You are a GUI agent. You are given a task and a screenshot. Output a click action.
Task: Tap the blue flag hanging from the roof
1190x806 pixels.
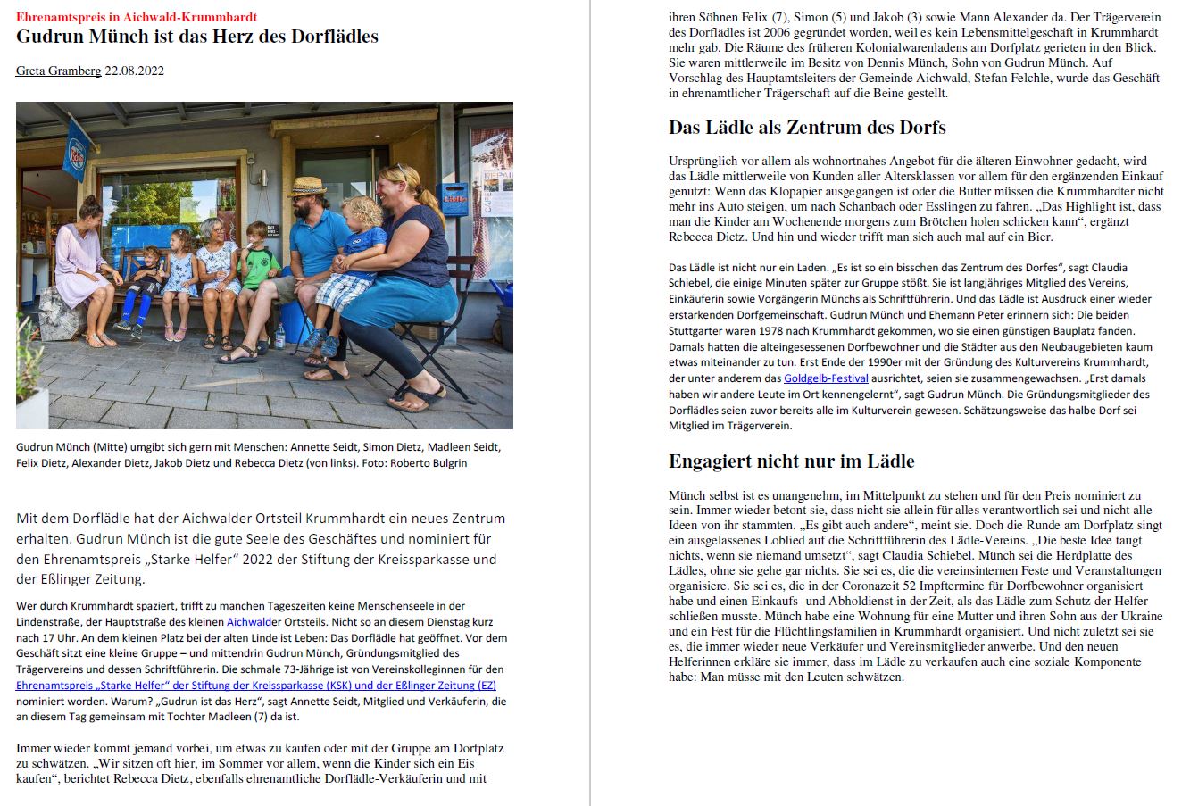tap(78, 148)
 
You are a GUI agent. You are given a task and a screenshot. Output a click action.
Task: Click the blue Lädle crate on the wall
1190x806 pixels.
tap(455, 200)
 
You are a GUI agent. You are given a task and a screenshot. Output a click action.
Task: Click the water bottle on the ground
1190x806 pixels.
tap(280, 335)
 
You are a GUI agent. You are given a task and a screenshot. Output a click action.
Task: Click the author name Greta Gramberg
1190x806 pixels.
tap(58, 71)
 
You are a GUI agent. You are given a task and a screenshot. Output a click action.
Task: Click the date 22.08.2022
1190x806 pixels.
tap(134, 71)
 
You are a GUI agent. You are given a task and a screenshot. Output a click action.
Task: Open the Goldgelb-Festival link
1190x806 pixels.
tap(826, 378)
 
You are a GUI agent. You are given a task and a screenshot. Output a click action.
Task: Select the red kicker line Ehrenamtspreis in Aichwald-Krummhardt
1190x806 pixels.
tap(137, 17)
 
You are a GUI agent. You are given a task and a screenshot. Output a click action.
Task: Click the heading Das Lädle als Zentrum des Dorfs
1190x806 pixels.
tap(807, 127)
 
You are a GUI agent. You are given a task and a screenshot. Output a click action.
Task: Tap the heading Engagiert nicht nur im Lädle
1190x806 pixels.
tap(791, 461)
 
